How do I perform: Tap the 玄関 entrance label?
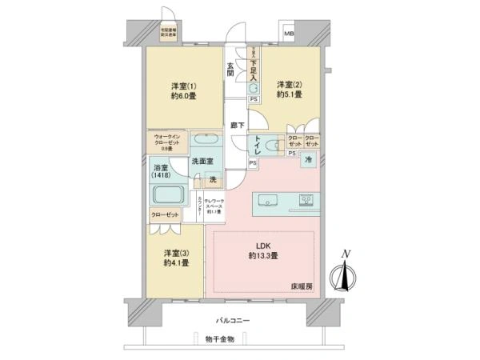(230, 69)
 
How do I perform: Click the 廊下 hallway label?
(236, 126)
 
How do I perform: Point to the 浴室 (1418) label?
(160, 173)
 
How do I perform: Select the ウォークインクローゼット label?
(167, 142)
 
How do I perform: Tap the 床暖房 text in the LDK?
(301, 286)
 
